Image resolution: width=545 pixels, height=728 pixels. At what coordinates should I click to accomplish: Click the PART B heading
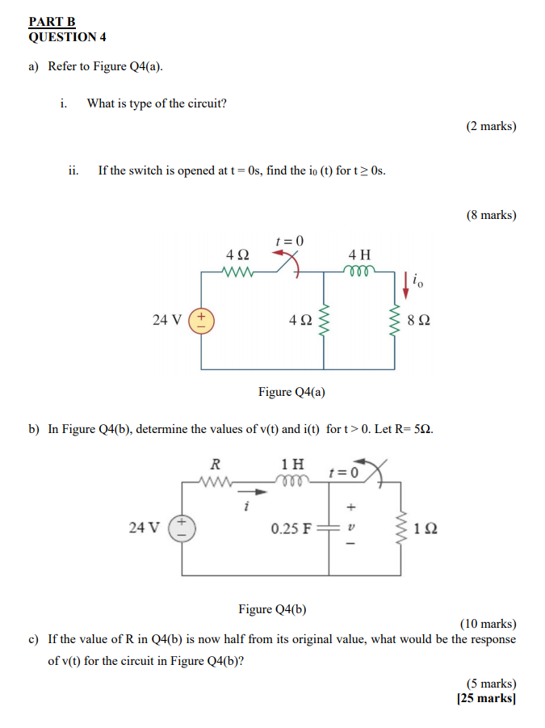tap(52, 23)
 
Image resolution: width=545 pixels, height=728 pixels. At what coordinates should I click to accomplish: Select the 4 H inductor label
tap(359, 254)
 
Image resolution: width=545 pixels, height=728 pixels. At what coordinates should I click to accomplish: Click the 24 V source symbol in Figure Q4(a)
tap(201, 319)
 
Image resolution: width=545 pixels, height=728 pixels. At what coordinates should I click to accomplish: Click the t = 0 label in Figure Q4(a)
tap(289, 241)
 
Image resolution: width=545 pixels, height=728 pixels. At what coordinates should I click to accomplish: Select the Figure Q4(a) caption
tap(291, 392)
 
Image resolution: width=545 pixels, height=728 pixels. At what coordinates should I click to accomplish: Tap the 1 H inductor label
tap(293, 464)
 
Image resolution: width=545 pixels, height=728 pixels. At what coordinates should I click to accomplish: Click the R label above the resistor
tap(215, 464)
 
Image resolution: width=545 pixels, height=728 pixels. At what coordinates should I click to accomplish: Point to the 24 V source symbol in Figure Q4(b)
tap(182, 528)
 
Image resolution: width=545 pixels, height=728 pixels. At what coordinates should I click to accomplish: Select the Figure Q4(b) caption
tap(272, 608)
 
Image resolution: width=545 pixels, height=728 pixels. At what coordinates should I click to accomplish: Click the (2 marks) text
tap(491, 126)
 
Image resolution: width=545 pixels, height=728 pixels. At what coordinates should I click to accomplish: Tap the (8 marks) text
tap(491, 215)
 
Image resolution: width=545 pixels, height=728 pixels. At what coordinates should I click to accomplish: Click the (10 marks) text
tap(488, 624)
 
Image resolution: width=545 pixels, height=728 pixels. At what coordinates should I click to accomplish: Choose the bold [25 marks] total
tap(486, 698)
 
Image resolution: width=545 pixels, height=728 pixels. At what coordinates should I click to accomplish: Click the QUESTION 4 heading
tap(67, 37)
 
